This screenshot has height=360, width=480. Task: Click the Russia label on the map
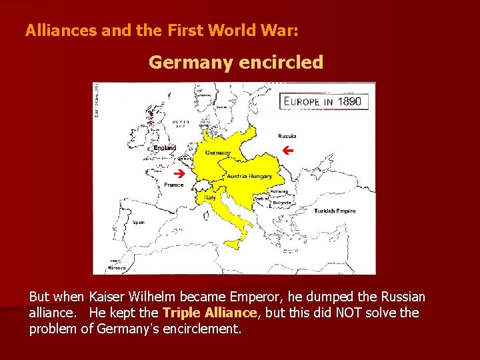coord(287,136)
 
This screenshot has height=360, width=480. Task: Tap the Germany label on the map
coord(217,153)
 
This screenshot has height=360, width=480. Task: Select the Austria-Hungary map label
coord(249,177)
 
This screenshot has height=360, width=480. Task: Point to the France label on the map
coord(174,185)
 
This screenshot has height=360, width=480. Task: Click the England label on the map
coord(165,147)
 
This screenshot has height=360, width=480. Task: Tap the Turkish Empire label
coord(335,211)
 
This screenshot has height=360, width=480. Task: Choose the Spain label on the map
coord(139,222)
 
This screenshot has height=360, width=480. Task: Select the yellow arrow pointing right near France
coord(178,172)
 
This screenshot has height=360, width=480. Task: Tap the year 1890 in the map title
coord(349,102)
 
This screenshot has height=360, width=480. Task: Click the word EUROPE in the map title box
coord(303,102)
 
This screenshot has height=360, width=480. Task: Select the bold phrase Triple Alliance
coord(209,312)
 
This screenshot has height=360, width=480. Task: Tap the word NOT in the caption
coord(341,312)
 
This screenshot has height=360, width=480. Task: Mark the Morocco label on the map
coord(117,269)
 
